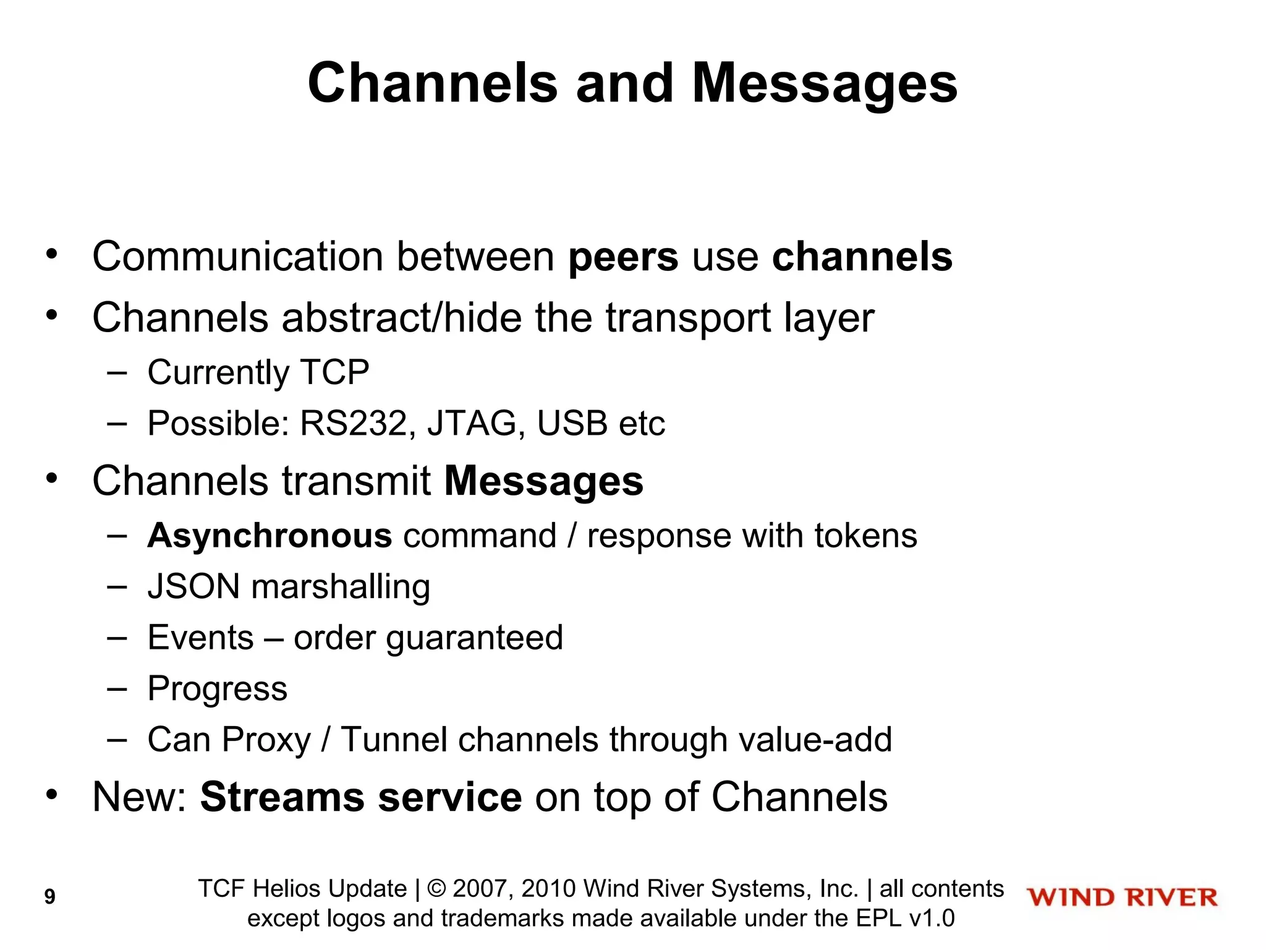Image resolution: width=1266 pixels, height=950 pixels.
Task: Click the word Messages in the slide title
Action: (825, 83)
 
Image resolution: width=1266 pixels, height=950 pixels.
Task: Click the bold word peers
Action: (623, 257)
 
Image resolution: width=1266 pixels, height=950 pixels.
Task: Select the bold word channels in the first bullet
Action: (862, 257)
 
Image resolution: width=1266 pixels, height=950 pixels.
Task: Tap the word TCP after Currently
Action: (334, 372)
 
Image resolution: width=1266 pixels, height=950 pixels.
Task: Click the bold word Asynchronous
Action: (270, 536)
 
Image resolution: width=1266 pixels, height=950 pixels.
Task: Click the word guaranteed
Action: (475, 638)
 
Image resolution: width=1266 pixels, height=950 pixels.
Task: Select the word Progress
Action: (218, 689)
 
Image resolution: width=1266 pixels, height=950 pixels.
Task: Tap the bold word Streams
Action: (282, 797)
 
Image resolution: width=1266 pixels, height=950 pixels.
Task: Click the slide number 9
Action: (50, 896)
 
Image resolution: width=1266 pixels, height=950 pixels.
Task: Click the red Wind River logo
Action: (1122, 897)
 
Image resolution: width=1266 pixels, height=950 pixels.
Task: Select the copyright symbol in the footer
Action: (436, 889)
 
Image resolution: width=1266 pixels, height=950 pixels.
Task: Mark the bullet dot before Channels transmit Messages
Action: (52, 478)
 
